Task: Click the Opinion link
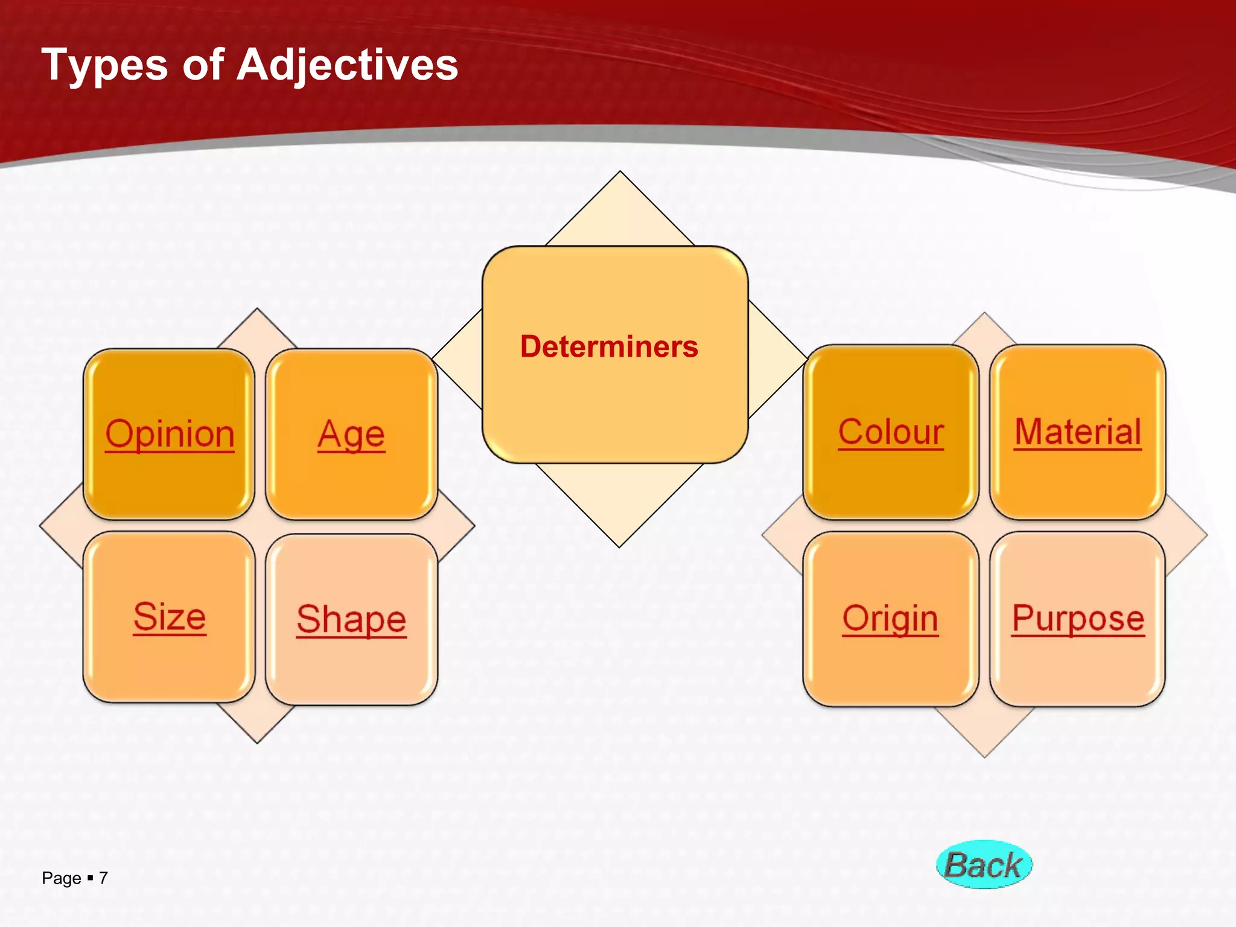point(170,434)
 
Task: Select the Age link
point(351,434)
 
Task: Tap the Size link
point(170,617)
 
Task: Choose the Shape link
point(351,619)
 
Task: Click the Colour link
point(891,432)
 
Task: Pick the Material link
point(1078,432)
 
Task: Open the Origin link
point(891,619)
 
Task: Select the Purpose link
point(1078,619)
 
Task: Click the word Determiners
point(609,347)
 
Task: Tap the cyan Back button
point(984,865)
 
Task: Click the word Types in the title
point(104,65)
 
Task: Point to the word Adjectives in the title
point(347,65)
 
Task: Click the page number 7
point(103,878)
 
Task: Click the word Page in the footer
point(61,878)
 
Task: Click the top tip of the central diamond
point(620,174)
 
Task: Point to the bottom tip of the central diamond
point(619,544)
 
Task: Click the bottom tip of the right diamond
point(984,754)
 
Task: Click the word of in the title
point(203,65)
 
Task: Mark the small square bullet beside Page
point(90,878)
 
